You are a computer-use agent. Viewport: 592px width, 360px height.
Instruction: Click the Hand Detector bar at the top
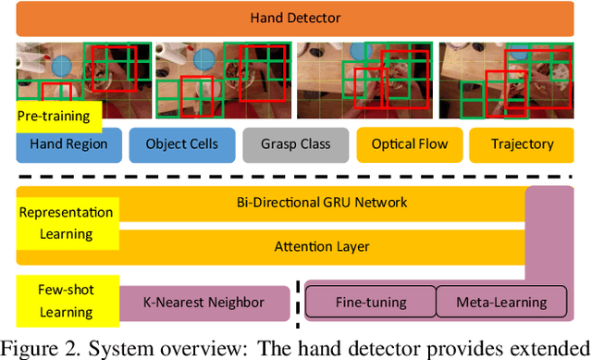(x=295, y=18)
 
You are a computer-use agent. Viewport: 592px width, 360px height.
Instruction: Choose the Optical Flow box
(x=410, y=144)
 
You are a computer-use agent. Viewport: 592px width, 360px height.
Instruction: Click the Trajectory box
(x=523, y=144)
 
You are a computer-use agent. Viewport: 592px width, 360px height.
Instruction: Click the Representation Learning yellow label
(x=66, y=222)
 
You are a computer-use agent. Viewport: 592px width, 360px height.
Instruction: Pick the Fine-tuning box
(x=370, y=302)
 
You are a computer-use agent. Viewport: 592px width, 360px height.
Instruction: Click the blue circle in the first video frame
(x=63, y=65)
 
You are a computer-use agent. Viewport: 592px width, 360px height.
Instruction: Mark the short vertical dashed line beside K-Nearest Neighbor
(x=297, y=302)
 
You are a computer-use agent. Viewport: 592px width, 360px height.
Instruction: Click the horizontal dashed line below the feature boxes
(x=295, y=173)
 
